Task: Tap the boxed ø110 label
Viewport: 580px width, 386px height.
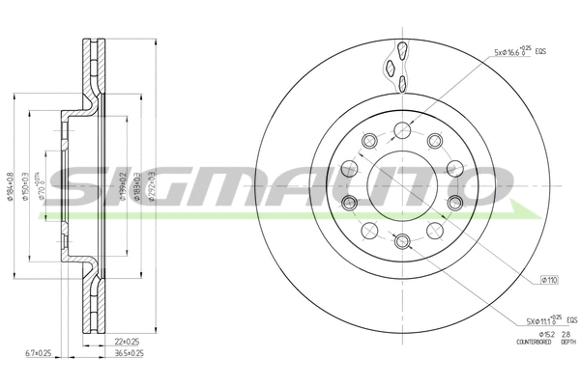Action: pyautogui.click(x=548, y=280)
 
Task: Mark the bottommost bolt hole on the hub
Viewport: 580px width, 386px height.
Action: pyautogui.click(x=402, y=239)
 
